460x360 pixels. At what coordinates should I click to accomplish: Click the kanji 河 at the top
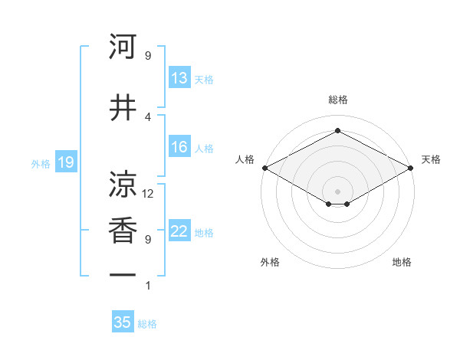123,47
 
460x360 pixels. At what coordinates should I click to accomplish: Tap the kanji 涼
123,184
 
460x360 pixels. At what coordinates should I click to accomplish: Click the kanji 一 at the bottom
123,274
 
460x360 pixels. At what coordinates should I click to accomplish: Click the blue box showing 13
179,77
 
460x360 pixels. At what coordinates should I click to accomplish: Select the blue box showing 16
179,147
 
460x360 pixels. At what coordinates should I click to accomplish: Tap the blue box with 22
179,232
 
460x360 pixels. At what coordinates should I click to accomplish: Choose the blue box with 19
65,162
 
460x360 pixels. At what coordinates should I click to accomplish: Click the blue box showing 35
123,322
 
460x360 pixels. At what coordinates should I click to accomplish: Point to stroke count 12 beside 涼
149,194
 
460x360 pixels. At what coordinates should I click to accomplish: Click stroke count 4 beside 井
148,116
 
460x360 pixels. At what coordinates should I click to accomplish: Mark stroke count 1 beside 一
148,286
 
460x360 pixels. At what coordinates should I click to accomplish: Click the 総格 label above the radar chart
337,100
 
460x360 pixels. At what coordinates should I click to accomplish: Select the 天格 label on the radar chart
431,159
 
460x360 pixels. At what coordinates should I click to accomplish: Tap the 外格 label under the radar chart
270,262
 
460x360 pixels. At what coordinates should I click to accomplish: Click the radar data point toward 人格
264,168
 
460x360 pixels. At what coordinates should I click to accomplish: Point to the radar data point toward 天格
412,168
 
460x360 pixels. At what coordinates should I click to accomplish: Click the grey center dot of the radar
337,190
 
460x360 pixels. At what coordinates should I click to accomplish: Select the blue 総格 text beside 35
147,324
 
